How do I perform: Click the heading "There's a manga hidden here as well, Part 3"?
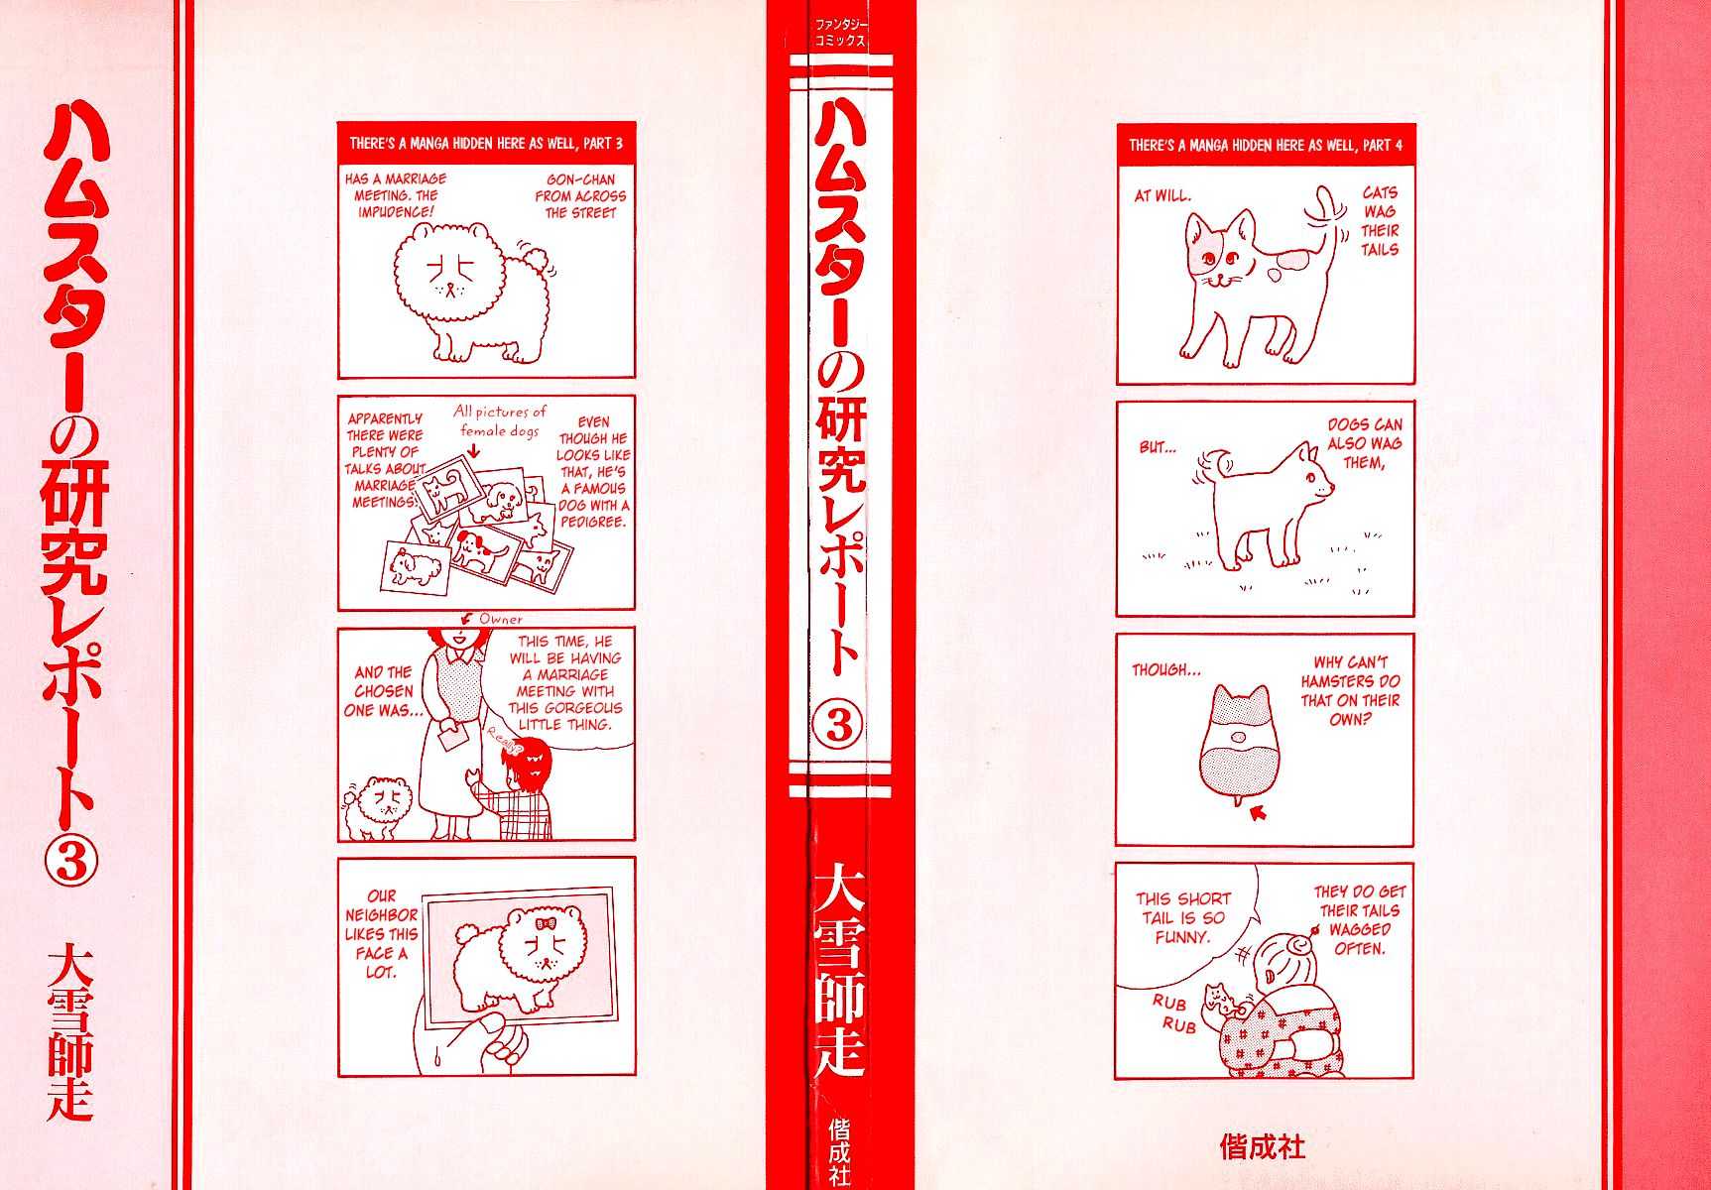[485, 144]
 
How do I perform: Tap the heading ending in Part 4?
[1265, 146]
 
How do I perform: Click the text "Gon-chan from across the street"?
[580, 196]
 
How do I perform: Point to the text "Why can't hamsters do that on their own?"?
[1350, 690]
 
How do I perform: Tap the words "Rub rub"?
[1173, 1012]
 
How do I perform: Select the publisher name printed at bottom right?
[1262, 1147]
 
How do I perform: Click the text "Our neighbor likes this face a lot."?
[381, 934]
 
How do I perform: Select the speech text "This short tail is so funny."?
[1183, 917]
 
